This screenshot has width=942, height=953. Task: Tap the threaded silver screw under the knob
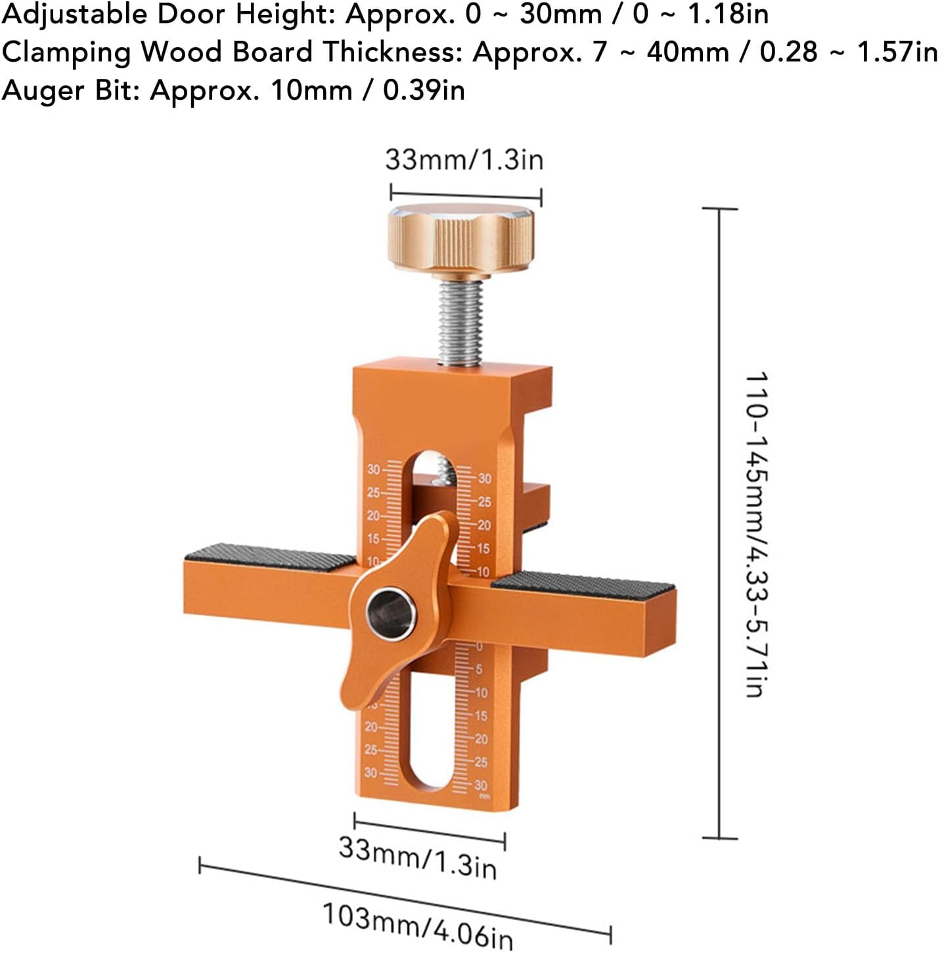click(x=462, y=325)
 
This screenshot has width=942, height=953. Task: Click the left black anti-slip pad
click(x=269, y=556)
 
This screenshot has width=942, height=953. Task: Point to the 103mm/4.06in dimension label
click(x=417, y=925)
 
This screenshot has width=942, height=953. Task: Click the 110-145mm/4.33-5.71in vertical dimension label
click(x=757, y=533)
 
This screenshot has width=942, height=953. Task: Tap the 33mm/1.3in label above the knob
click(x=464, y=160)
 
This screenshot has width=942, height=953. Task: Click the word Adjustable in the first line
click(x=74, y=14)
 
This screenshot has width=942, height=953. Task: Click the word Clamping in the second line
click(x=66, y=53)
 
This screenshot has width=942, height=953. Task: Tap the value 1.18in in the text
click(x=728, y=14)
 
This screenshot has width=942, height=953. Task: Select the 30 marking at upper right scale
click(x=485, y=479)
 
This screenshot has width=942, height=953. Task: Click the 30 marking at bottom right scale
click(x=481, y=786)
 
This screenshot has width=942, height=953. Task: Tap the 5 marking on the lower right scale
click(x=479, y=669)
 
